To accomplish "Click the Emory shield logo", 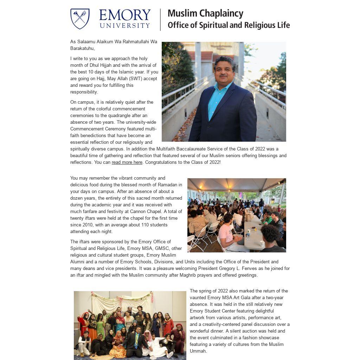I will coord(80,19).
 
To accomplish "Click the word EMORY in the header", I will coord(125,15).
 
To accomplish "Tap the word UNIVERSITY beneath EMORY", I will coord(125,26).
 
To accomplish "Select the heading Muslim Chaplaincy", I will coord(205,13).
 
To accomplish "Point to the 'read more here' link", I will coord(127,162).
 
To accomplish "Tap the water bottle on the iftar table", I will coord(248,234).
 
